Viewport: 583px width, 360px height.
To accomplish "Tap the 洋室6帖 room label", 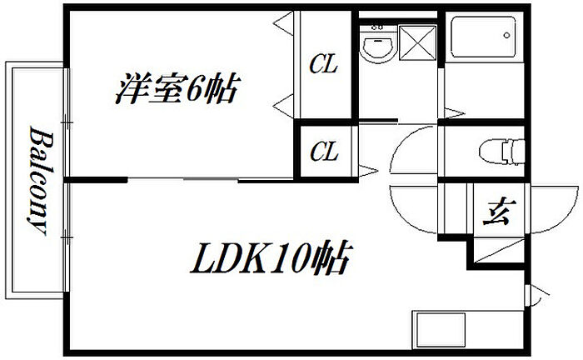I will click(177, 88).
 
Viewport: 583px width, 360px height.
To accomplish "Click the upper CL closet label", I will click(323, 65).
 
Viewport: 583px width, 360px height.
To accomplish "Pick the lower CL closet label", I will click(323, 152).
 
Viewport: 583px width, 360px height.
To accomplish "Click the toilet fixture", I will click(502, 152).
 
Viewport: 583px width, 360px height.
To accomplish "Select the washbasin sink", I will click(378, 47).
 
